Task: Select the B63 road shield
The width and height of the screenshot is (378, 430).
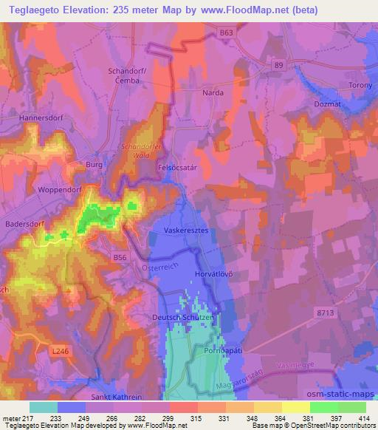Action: [226, 33]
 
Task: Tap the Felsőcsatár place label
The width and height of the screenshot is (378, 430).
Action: [179, 168]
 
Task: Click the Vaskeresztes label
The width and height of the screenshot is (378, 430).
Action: [187, 230]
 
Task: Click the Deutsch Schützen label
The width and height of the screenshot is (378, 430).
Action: [182, 317]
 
